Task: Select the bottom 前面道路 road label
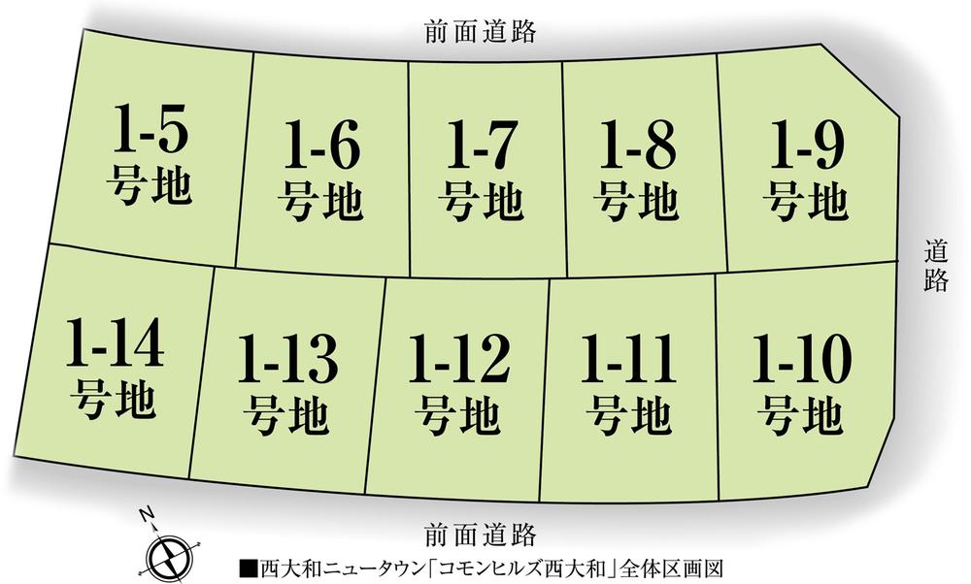tap(481, 533)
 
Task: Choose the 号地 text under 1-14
tap(115, 400)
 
